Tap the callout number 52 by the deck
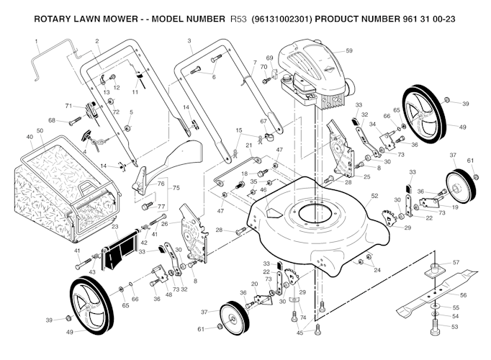pos(374,195)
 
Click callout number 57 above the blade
pos(456,263)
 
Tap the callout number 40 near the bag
pos(30,137)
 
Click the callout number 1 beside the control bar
pos(36,42)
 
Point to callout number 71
pos(69,106)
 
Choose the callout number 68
pos(52,120)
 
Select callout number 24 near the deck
pos(377,269)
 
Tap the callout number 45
pos(299,333)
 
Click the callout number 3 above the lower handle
pos(189,41)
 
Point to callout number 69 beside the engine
pos(269,58)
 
